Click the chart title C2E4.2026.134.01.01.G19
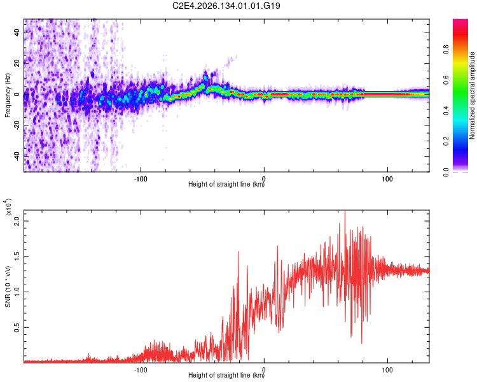pos(226,6)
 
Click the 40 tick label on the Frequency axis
pos(17,32)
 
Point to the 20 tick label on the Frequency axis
pos(17,63)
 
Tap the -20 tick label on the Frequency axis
pos(17,125)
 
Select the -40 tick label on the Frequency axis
pos(17,156)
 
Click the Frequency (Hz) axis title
pos(8,95)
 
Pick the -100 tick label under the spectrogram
pos(141,179)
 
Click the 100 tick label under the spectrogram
pos(387,179)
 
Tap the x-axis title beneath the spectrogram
pos(226,184)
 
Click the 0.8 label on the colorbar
pos(446,49)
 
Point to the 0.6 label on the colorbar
pos(446,80)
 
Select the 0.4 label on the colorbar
pos(446,111)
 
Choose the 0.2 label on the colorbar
pos(446,141)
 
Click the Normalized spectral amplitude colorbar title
pos(472,95)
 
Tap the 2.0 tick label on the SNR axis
pos(17,221)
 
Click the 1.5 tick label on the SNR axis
pos(17,257)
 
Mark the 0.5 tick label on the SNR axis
pos(17,327)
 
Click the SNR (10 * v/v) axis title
pos(8,286)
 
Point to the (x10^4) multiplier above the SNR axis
pos(8,207)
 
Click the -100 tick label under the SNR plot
pos(141,370)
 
